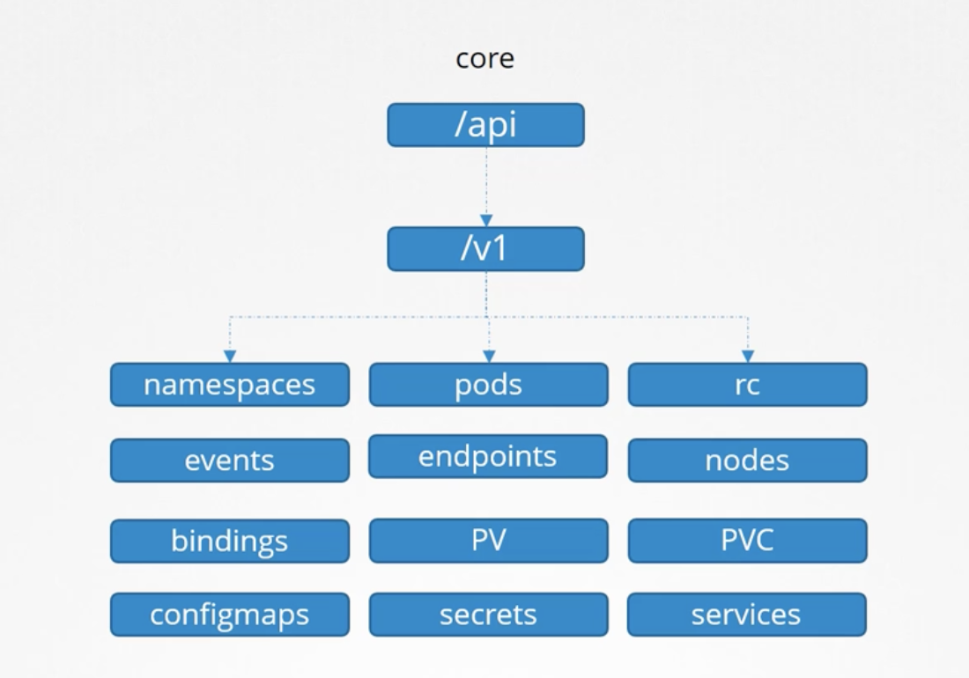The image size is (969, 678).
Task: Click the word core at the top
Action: pyautogui.click(x=485, y=59)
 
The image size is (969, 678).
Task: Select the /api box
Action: pyautogui.click(x=485, y=125)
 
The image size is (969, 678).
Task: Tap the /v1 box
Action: pyautogui.click(x=485, y=249)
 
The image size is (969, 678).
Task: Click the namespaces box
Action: pyautogui.click(x=230, y=385)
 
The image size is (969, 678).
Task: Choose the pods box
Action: pyautogui.click(x=489, y=385)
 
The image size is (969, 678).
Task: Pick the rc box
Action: pyautogui.click(x=748, y=385)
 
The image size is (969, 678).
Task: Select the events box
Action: pyautogui.click(x=230, y=460)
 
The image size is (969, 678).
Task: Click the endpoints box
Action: pyautogui.click(x=488, y=456)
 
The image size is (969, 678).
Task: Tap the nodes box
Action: pyautogui.click(x=748, y=460)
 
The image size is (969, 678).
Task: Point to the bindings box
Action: pyautogui.click(x=230, y=541)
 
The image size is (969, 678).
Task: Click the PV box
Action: pyautogui.click(x=489, y=541)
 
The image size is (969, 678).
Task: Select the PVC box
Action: pyautogui.click(x=748, y=541)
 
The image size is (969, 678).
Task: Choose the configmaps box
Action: pyautogui.click(x=230, y=615)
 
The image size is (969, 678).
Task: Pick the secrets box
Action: pyautogui.click(x=489, y=615)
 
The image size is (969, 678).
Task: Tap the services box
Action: pyautogui.click(x=747, y=615)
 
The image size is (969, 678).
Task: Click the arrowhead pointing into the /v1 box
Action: pyautogui.click(x=486, y=220)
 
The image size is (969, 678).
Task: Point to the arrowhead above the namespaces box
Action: pyautogui.click(x=230, y=357)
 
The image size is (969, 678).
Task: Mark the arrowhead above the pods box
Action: pyautogui.click(x=489, y=357)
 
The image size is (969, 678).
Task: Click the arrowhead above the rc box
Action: pyautogui.click(x=748, y=357)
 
